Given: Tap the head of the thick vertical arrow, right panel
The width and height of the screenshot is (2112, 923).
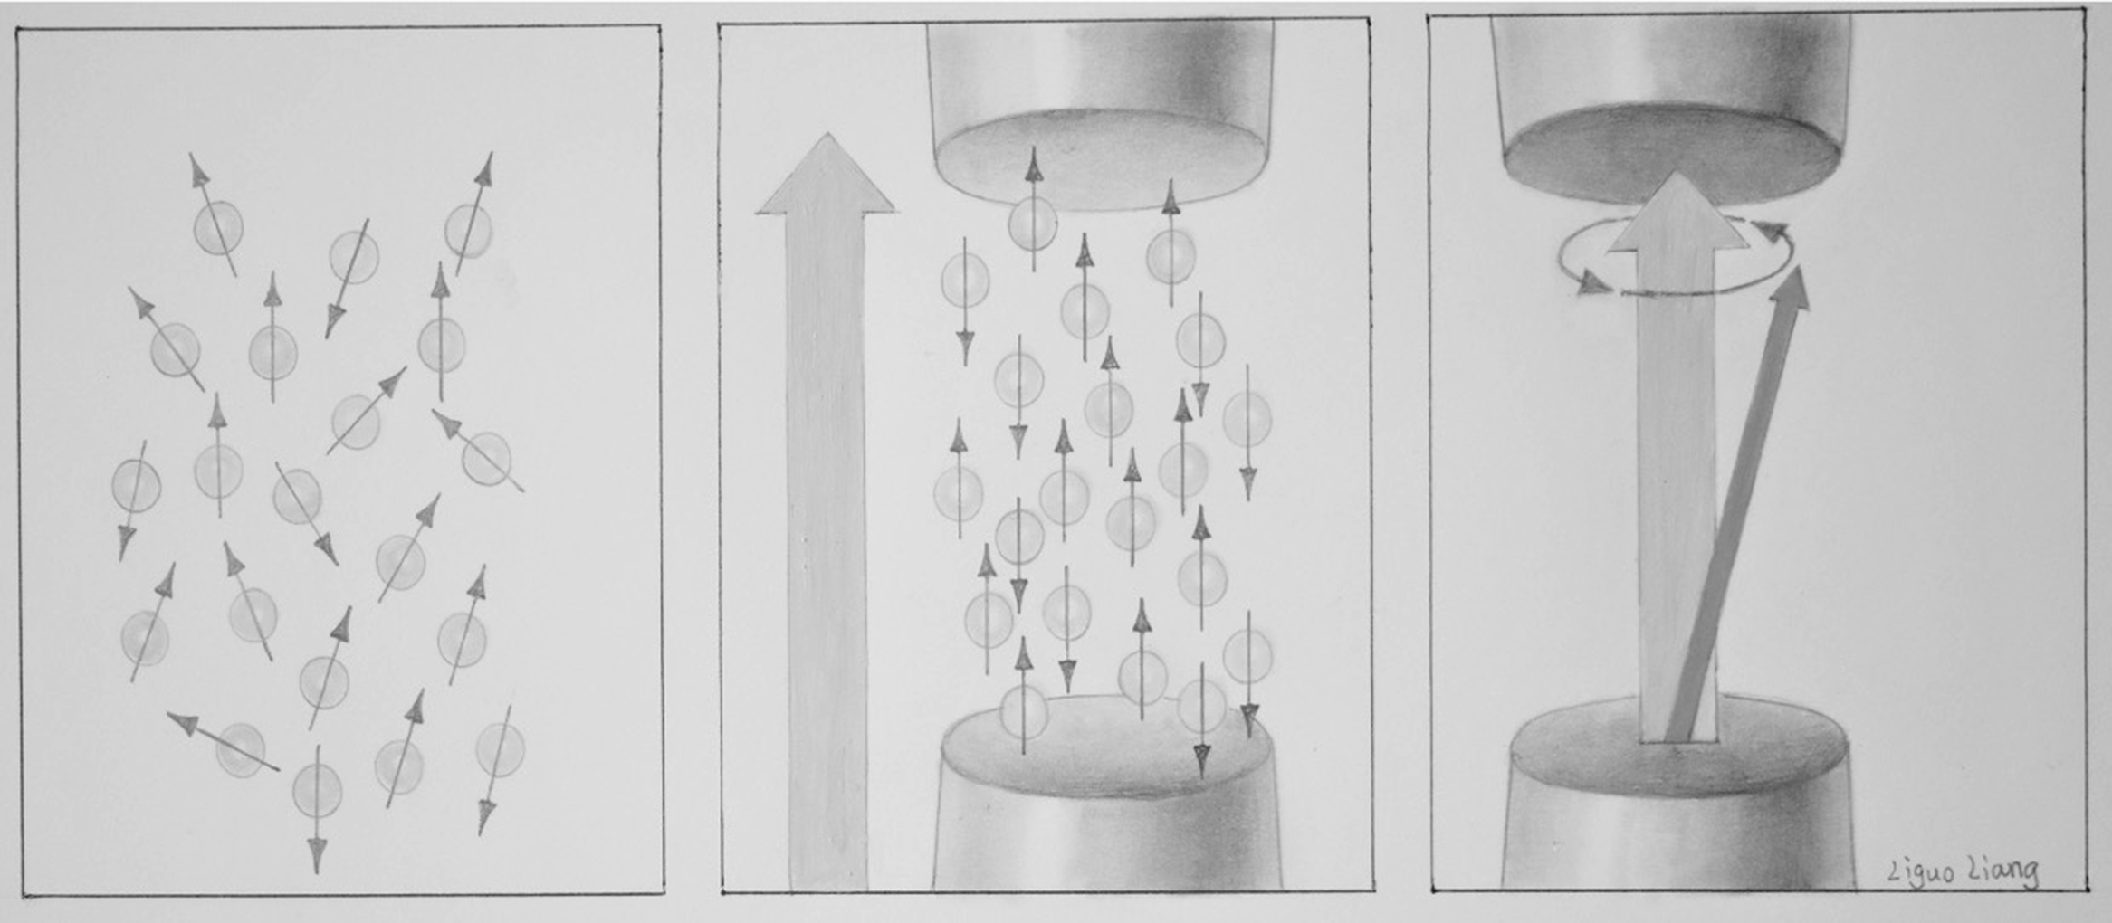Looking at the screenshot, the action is (x=1677, y=212).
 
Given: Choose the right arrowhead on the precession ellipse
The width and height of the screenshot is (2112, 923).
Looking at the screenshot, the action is (x=1774, y=231).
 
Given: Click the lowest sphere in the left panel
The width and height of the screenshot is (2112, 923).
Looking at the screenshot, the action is (x=318, y=788).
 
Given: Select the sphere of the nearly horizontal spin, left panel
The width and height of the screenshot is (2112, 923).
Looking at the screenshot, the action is (x=241, y=749).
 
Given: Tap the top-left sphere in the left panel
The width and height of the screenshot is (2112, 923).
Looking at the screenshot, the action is (x=218, y=226).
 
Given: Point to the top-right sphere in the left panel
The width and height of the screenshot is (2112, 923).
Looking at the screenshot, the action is (x=468, y=231).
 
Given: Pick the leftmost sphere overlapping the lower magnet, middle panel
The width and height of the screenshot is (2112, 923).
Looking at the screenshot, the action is (x=1024, y=710).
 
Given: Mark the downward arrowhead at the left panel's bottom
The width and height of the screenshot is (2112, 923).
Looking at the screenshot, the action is (x=317, y=856).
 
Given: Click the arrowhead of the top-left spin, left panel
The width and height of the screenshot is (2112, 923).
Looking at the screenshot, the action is (x=196, y=169).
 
